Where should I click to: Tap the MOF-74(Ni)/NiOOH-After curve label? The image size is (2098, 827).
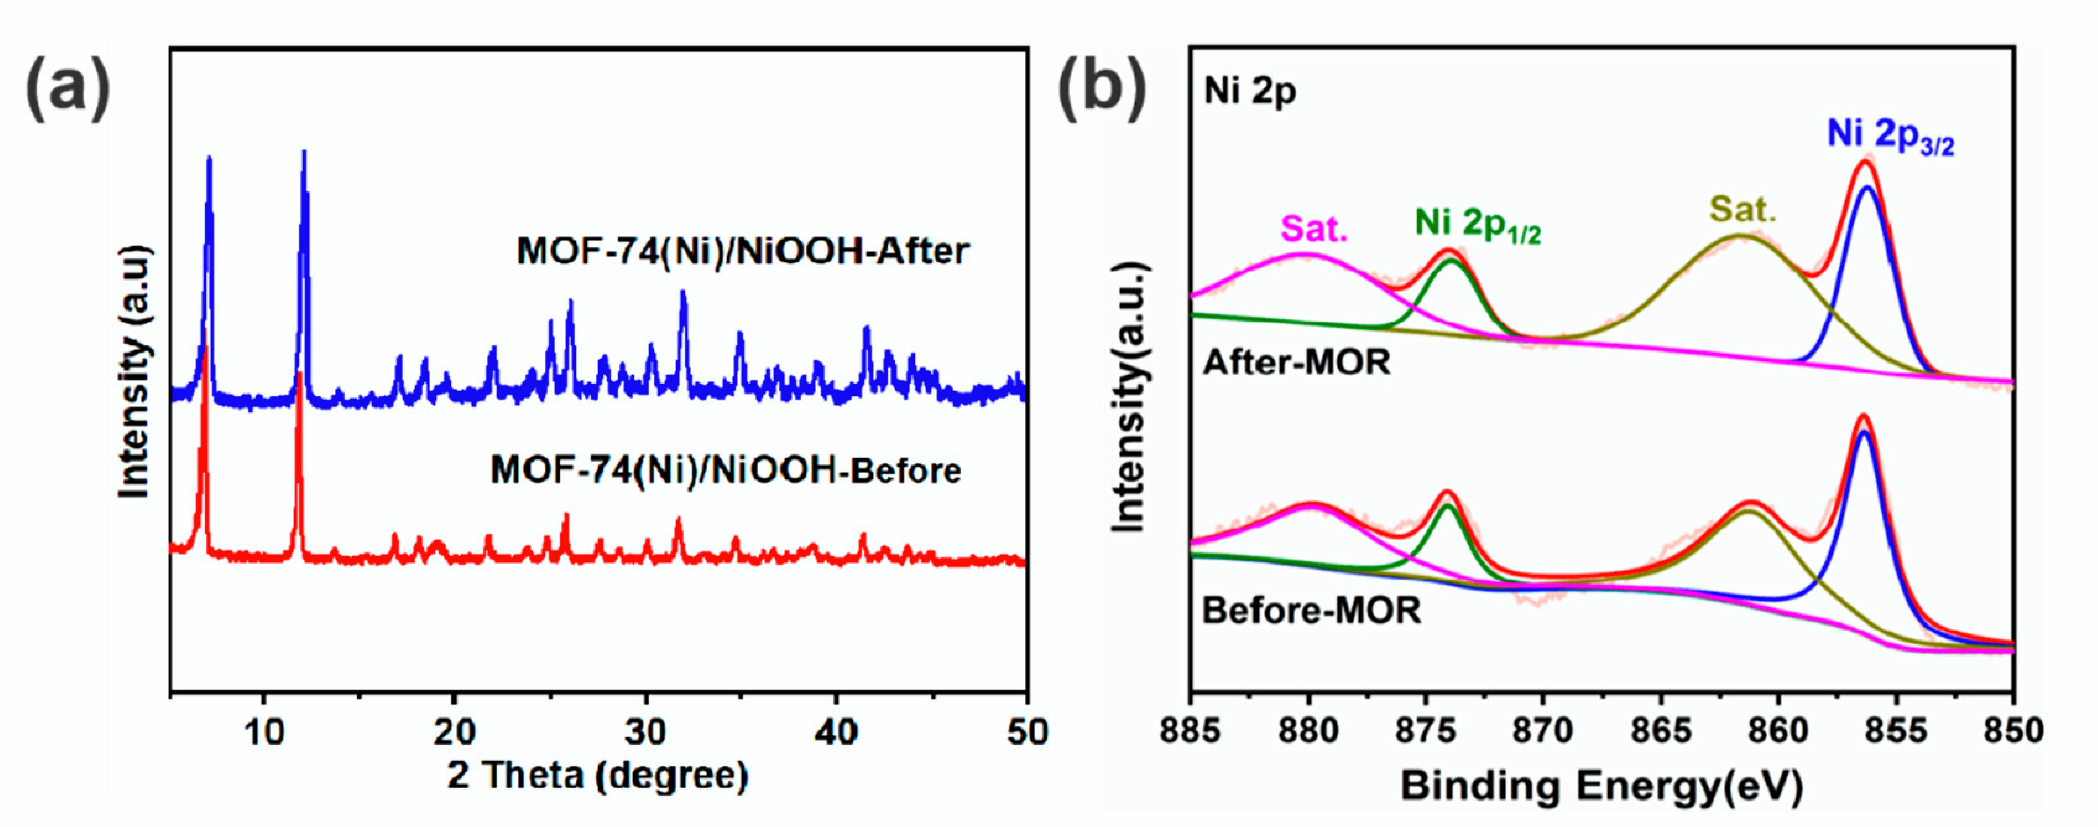coord(743,251)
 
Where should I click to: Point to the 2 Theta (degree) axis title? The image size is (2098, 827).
coord(597,775)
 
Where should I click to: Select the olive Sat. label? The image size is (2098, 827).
coord(1742,210)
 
